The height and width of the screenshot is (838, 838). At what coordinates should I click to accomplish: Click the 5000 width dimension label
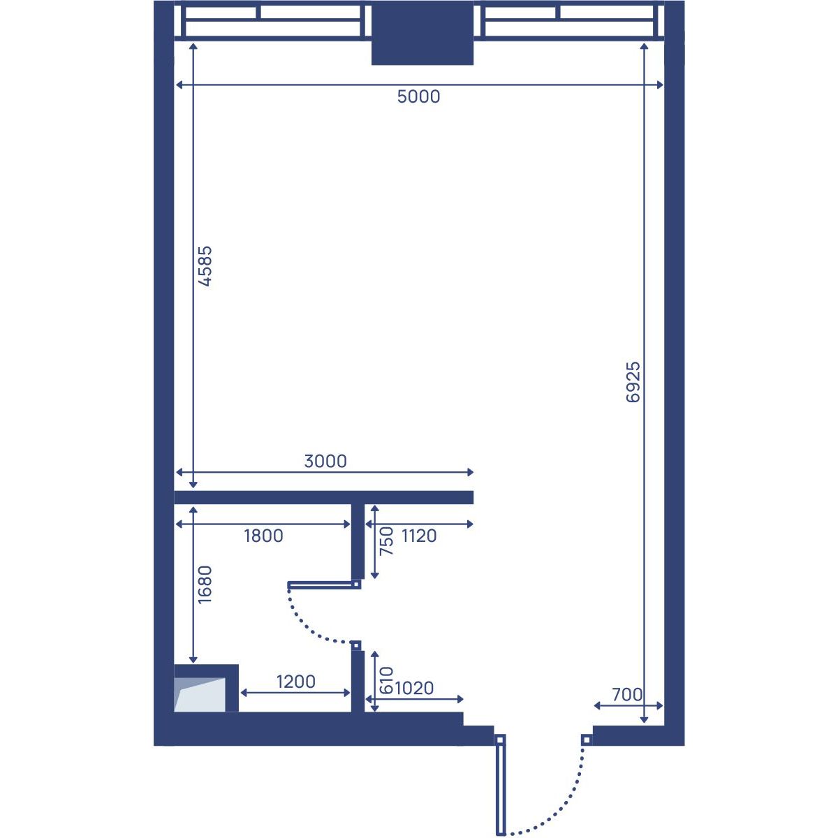click(x=418, y=96)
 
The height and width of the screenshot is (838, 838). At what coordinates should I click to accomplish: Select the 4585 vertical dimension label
click(x=205, y=266)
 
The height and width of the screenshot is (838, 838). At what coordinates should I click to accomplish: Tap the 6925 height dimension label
click(x=633, y=382)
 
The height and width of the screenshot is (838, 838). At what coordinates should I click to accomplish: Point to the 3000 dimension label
click(x=325, y=462)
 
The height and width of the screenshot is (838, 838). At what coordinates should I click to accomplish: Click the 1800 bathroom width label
click(x=263, y=536)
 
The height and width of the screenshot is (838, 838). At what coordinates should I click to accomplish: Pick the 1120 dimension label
click(x=419, y=536)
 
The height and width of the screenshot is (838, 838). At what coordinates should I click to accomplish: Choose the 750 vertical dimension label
click(x=387, y=541)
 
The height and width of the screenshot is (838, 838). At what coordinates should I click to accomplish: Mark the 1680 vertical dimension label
click(x=205, y=585)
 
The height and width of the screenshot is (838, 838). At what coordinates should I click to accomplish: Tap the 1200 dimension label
click(x=295, y=682)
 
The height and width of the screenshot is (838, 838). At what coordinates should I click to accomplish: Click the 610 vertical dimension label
click(x=386, y=681)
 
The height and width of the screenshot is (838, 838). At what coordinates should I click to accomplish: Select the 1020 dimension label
click(x=414, y=689)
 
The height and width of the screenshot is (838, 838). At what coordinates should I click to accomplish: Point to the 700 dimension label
click(x=627, y=695)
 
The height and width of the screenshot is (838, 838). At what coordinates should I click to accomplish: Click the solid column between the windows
click(x=422, y=33)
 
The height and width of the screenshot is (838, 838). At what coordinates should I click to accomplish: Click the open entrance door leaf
click(x=501, y=790)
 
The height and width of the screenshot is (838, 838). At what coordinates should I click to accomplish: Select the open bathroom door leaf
click(x=321, y=586)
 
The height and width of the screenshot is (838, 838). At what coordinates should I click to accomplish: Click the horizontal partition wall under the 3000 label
click(x=323, y=497)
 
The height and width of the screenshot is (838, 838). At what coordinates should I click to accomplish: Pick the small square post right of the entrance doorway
click(x=587, y=740)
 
